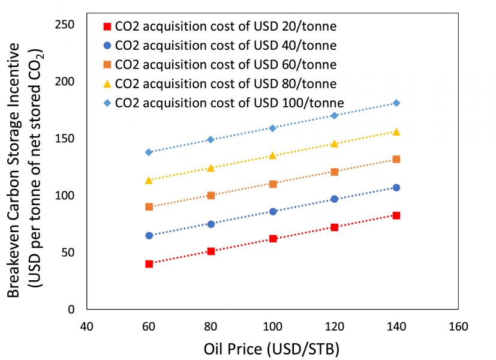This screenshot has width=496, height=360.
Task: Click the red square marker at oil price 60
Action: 149,264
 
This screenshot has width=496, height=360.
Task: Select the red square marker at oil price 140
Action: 396,215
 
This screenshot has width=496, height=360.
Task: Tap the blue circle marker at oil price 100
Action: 273,212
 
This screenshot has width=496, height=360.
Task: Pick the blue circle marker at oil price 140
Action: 396,188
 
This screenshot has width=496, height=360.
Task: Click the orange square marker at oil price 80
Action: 211,196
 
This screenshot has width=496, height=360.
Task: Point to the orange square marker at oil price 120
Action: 335,172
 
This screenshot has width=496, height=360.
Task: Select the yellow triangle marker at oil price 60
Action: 149,180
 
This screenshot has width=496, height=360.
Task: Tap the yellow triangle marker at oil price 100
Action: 273,155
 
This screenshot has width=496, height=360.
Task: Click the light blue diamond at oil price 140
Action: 396,103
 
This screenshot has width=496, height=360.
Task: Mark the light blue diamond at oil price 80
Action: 211,139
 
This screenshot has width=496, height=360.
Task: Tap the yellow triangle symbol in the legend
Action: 107,84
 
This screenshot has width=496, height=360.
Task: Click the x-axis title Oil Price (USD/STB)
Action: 272,349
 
